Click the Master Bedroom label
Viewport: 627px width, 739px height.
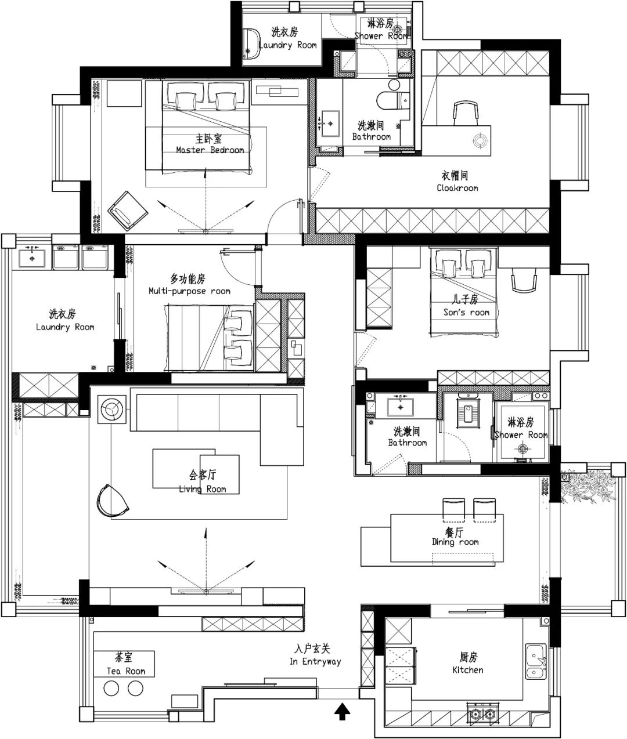tap(210, 150)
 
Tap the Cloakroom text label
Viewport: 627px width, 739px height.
tap(457, 188)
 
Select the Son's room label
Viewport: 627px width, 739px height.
tap(466, 312)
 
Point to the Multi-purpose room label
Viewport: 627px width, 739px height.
tap(189, 291)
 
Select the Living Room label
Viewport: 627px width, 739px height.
tap(203, 489)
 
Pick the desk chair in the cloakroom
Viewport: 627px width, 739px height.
tap(466, 113)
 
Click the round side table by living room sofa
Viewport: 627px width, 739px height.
tap(112, 410)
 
